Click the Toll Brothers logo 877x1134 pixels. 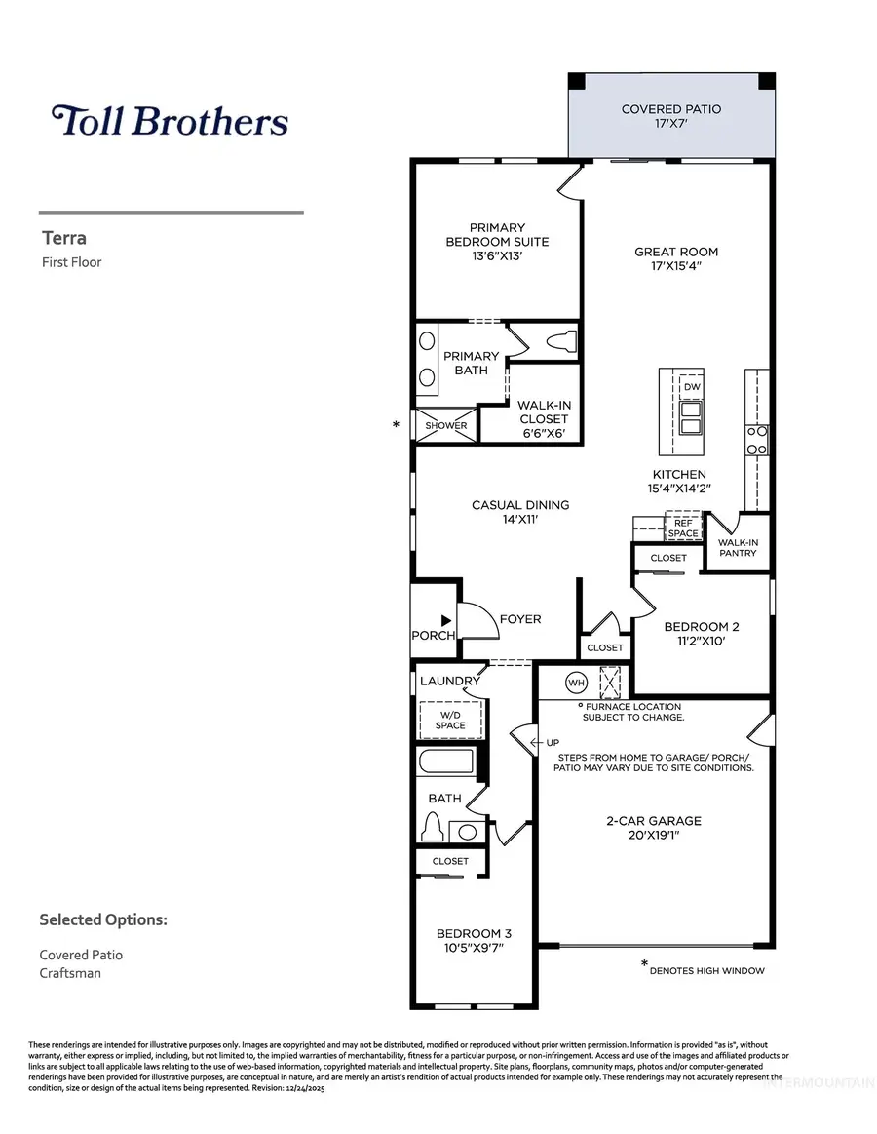tap(170, 121)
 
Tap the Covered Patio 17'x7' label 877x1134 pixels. tap(671, 116)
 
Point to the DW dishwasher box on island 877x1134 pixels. tap(693, 386)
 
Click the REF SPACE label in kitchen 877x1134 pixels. tap(682, 528)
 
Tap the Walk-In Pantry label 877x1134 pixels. tap(737, 548)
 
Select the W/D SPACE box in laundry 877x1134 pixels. tap(450, 719)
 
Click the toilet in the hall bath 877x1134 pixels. tap(434, 828)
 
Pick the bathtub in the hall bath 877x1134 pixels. tap(446, 762)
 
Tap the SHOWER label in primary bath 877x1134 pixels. tap(446, 426)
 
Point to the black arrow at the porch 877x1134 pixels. tap(445, 619)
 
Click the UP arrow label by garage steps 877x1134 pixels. tap(524, 743)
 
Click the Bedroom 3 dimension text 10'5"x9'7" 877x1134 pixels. tap(474, 947)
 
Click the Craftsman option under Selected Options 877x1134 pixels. tap(70, 973)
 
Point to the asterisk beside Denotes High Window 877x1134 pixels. tap(644, 964)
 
